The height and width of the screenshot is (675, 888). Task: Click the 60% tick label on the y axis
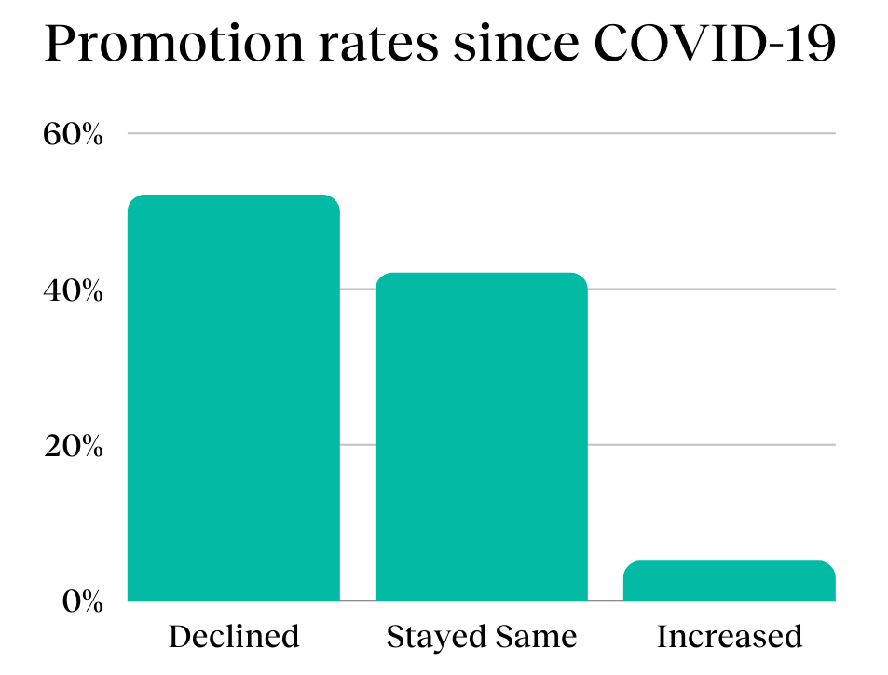coord(72,134)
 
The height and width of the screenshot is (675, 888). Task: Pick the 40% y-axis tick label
coord(72,290)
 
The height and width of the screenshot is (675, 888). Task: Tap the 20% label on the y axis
coord(72,446)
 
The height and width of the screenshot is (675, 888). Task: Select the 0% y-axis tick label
coord(81,601)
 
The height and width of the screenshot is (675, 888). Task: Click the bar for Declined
coord(233,400)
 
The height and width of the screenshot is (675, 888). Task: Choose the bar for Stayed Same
coord(481,438)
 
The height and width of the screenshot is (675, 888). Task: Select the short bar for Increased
coord(729,582)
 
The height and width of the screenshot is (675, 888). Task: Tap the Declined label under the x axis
coord(233,637)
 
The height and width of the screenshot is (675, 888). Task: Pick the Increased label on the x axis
coord(729,637)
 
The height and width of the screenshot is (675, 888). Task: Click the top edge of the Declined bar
coord(233,196)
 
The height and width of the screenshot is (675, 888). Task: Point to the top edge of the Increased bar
coord(729,561)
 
